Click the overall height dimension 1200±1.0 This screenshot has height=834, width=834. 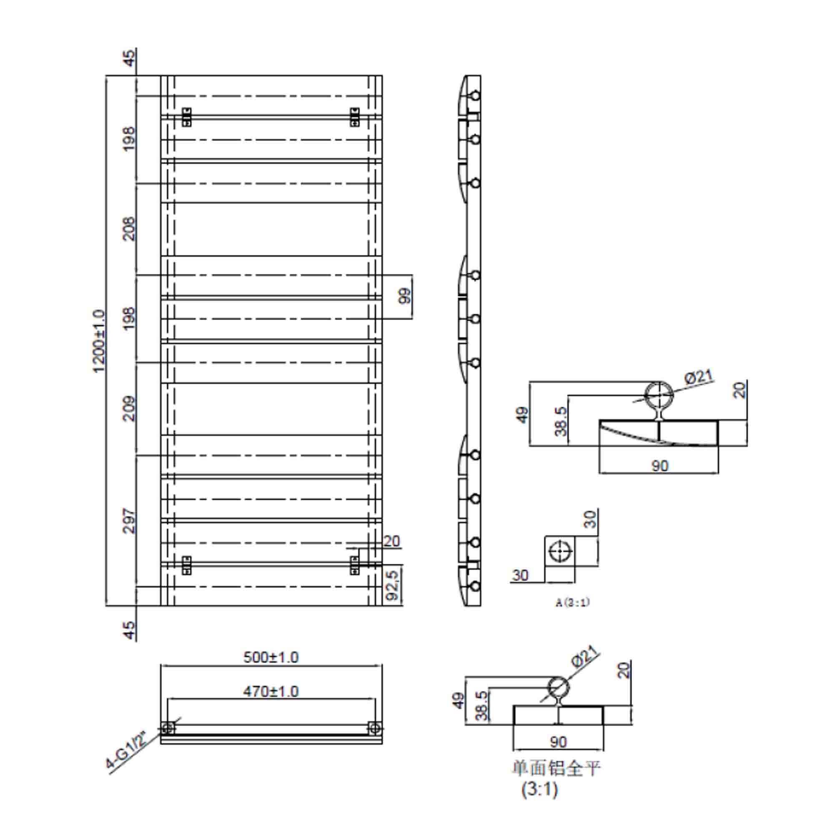click(99, 341)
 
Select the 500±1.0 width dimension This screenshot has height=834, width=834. click(271, 658)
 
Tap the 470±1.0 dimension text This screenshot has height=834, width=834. click(271, 691)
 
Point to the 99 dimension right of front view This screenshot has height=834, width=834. click(405, 296)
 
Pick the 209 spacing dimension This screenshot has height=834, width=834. click(130, 408)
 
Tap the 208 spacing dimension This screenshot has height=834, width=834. click(130, 229)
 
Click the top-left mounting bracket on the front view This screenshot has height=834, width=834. click(186, 117)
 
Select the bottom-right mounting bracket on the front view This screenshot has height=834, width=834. click(354, 565)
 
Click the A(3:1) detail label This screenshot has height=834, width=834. click(573, 602)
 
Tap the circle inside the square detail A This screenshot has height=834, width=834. click(560, 551)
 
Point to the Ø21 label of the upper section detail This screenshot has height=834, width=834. click(698, 377)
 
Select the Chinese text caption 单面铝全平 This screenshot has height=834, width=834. click(556, 768)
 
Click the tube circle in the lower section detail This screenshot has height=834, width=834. click(559, 688)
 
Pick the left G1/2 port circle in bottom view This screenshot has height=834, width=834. click(168, 728)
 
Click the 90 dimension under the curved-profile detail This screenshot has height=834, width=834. click(659, 466)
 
